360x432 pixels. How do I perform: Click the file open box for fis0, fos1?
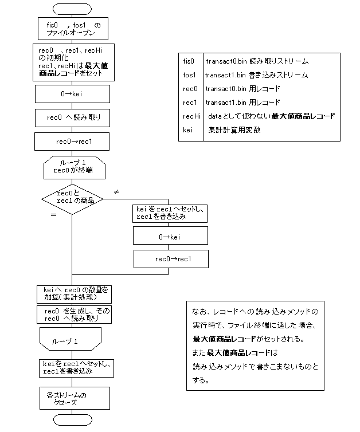tap(72, 29)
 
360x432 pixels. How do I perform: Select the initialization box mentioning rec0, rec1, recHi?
tap(72, 62)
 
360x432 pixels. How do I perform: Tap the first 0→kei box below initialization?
tap(72, 93)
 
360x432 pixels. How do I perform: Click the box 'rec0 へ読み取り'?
tap(72, 117)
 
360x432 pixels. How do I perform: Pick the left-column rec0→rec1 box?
tap(72, 142)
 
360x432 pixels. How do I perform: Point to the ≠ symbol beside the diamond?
tap(116, 191)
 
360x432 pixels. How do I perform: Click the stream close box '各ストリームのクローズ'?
tap(72, 398)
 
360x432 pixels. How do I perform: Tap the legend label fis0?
tap(189, 61)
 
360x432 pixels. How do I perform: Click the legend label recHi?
tap(191, 116)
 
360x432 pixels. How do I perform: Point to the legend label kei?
tap(188, 130)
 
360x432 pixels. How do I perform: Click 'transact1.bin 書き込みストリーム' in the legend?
tap(257, 75)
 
